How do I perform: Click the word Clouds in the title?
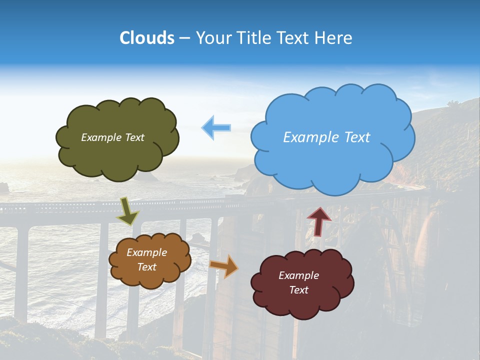[147, 38]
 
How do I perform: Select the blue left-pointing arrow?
[216, 128]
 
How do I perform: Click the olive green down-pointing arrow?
[128, 211]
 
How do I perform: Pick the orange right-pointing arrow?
[224, 266]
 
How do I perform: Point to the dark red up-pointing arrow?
[319, 221]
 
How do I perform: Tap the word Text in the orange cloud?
[147, 267]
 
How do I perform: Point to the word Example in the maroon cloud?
[298, 275]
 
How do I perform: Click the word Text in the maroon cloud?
[298, 290]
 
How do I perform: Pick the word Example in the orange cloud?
[147, 252]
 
